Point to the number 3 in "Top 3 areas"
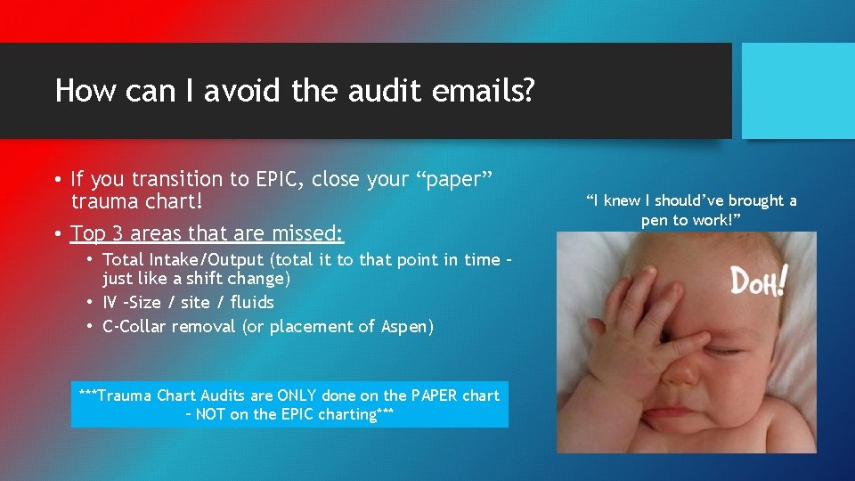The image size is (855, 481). click(116, 233)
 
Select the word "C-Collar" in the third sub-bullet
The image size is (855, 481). click(136, 326)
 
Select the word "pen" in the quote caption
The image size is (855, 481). click(655, 219)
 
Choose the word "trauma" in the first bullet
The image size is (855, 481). click(107, 202)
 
